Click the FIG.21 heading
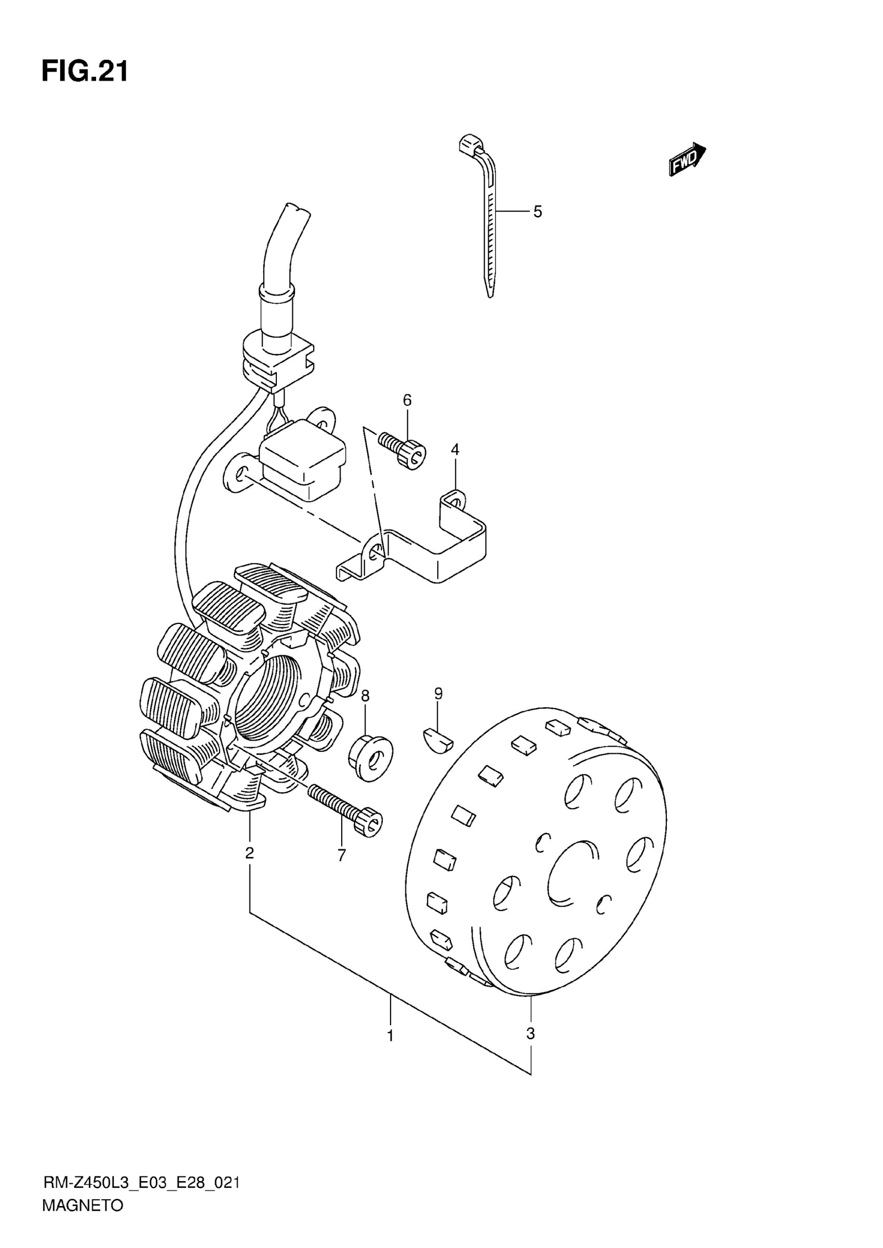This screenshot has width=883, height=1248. [x=85, y=72]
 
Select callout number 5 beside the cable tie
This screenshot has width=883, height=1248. [x=537, y=212]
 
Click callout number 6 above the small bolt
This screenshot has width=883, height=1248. [x=407, y=401]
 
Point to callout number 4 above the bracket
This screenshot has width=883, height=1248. [x=455, y=450]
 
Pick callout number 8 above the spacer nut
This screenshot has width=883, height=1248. [x=365, y=695]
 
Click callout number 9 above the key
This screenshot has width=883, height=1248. [x=438, y=694]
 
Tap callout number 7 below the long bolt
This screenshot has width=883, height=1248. [x=341, y=856]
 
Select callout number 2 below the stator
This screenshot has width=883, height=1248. [x=249, y=853]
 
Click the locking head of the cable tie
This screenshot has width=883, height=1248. [x=470, y=145]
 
